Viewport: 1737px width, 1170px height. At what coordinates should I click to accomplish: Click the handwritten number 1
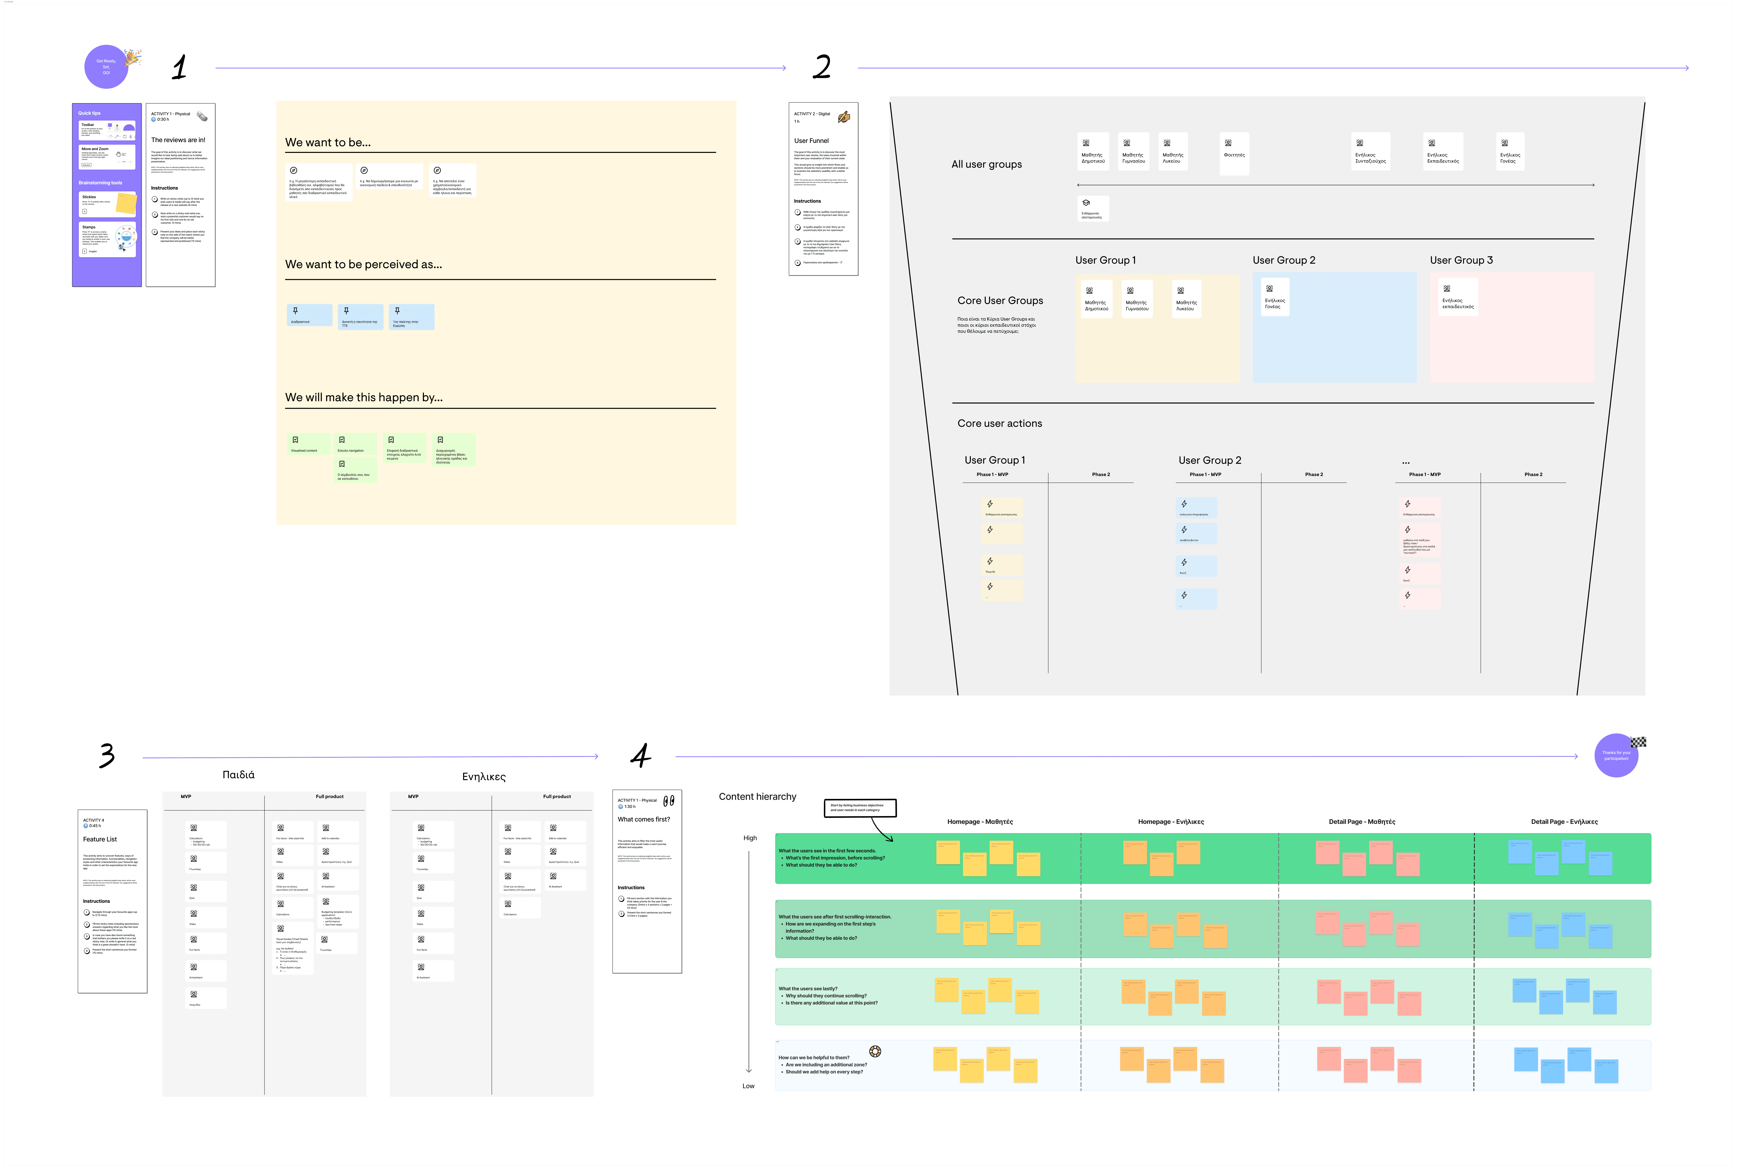(179, 67)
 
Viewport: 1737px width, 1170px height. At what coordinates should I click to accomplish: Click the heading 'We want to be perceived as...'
(363, 264)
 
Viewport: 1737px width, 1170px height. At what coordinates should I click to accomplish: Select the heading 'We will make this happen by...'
(363, 397)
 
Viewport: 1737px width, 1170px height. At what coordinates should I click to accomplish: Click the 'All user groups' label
(986, 164)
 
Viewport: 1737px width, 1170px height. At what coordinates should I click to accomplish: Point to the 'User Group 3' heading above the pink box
(1461, 260)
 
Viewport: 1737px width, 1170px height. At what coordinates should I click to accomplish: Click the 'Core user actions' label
(999, 423)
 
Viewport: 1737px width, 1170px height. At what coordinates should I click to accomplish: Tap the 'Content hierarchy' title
(757, 796)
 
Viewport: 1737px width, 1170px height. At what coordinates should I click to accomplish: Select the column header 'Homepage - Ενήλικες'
(1171, 822)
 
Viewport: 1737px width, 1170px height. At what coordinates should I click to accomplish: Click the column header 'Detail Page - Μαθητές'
(1362, 822)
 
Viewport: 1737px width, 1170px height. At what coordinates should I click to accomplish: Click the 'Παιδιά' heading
(238, 774)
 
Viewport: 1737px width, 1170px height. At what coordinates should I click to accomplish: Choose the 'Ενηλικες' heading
(483, 777)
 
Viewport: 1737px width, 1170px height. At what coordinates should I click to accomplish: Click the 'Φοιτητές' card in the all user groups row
(1234, 153)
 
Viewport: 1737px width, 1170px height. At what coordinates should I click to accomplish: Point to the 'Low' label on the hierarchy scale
(748, 1086)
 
